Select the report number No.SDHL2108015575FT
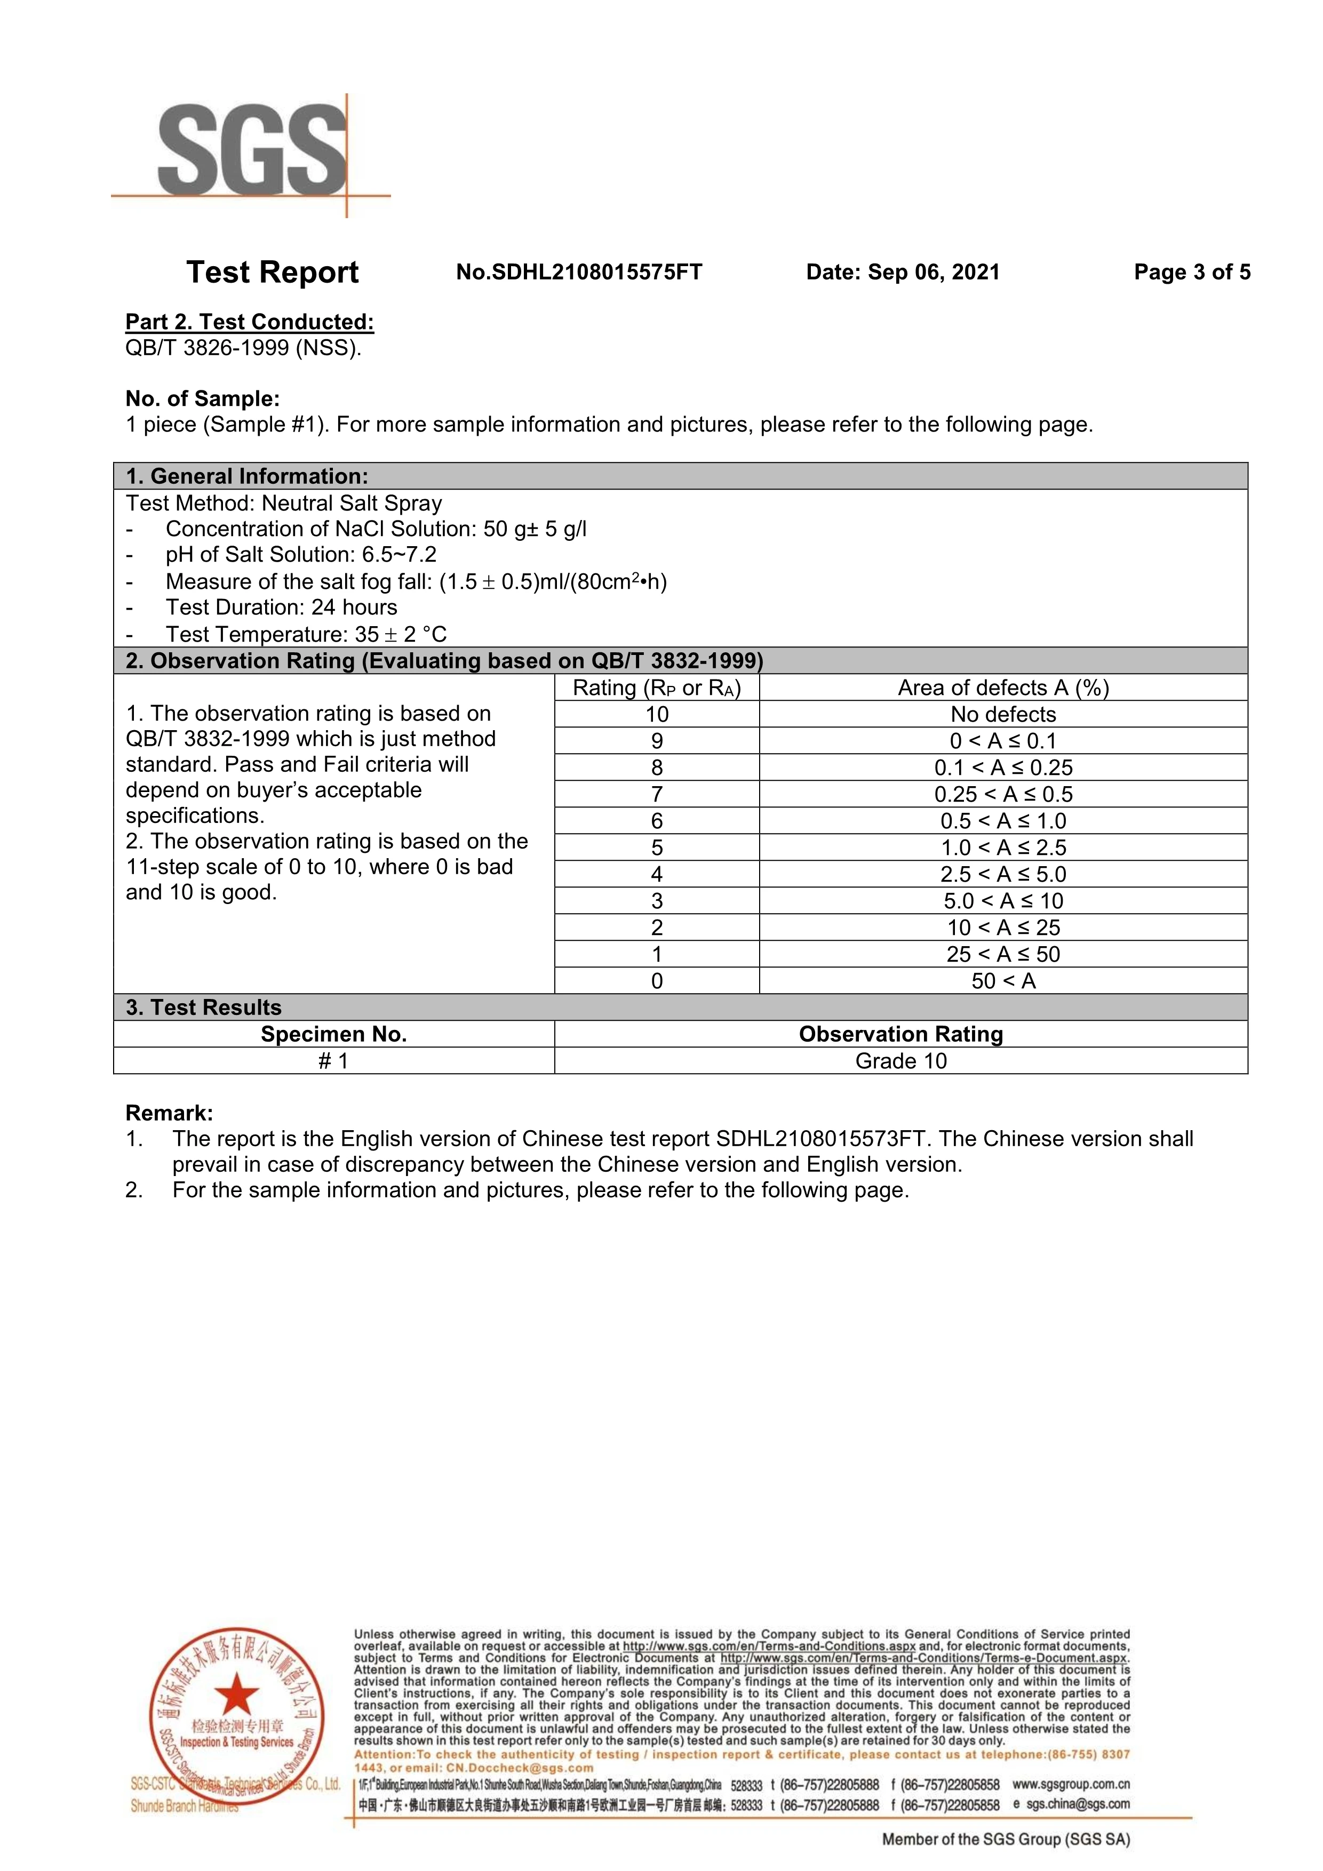click(x=579, y=272)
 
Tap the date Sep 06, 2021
click(x=934, y=272)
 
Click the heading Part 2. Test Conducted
click(x=250, y=322)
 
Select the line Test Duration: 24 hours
click(x=281, y=607)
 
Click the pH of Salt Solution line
click(x=301, y=555)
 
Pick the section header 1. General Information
click(x=247, y=476)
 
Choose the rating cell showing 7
click(x=657, y=795)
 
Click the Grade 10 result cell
click(x=900, y=1061)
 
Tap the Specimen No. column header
click(x=333, y=1034)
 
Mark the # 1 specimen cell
click(x=333, y=1061)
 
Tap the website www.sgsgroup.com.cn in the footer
click(x=1070, y=1785)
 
